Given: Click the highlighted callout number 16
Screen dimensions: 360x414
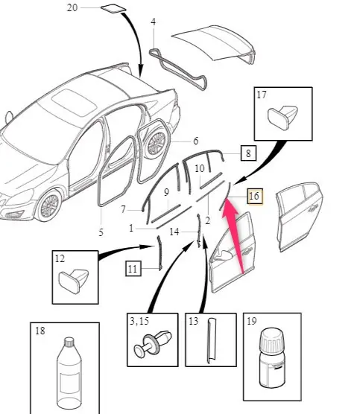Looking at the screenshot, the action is [x=255, y=196].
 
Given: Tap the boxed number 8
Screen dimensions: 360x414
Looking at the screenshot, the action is [x=248, y=153].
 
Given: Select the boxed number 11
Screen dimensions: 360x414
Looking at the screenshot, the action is [x=133, y=269].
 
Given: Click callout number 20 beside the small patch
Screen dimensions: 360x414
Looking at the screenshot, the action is [x=72, y=7].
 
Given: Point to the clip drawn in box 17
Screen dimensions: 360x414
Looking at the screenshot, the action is [x=282, y=117].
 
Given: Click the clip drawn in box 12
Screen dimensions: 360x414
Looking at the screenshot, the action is [x=74, y=281].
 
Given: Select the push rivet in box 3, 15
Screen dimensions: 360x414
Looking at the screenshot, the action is [x=153, y=343].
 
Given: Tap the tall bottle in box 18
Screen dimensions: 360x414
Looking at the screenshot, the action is [x=69, y=375].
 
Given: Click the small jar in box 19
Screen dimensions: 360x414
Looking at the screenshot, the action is [x=272, y=357].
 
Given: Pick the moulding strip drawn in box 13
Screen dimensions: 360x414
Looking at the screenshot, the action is [x=211, y=340].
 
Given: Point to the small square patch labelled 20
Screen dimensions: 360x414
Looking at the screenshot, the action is [x=113, y=8].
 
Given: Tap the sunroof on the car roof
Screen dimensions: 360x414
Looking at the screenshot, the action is [x=74, y=103].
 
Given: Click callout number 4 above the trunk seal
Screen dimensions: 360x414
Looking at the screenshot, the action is [x=154, y=22].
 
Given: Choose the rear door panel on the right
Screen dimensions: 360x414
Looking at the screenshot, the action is [x=300, y=217].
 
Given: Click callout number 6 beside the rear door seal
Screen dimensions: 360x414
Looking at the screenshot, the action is [x=195, y=141].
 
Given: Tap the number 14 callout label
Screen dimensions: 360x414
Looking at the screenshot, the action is [x=174, y=232].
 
